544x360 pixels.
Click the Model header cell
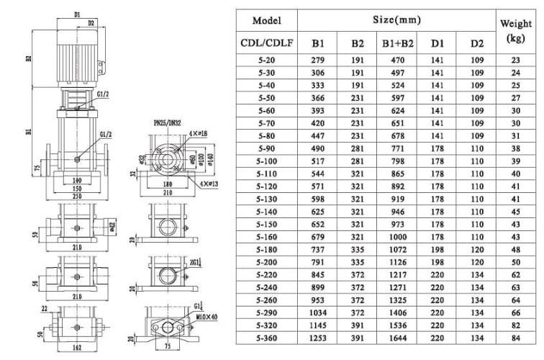click(x=266, y=21)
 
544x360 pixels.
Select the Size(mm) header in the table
click(x=398, y=20)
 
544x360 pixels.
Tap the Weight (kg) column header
click(x=515, y=31)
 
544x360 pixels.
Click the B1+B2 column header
click(x=398, y=44)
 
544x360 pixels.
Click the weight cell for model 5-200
click(x=515, y=263)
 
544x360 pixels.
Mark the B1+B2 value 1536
click(x=398, y=325)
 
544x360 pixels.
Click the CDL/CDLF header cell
click(x=266, y=44)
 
